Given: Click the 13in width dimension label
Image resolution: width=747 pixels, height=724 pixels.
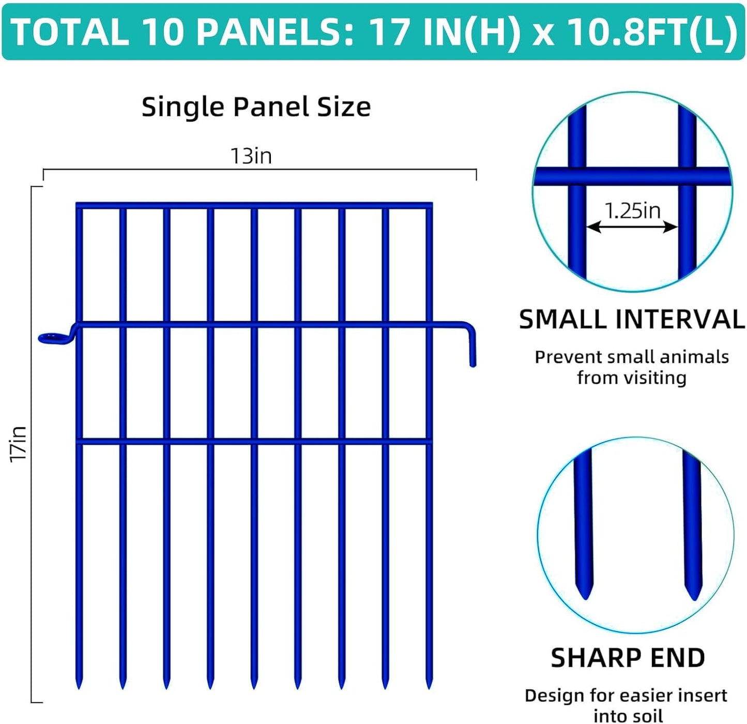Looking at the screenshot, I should pos(251,156).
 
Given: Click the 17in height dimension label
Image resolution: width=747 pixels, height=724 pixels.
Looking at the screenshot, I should pos(19,444).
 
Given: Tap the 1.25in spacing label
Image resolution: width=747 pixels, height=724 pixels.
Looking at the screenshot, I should pos(633,210).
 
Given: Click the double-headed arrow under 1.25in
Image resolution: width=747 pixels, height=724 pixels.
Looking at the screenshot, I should pos(632,227).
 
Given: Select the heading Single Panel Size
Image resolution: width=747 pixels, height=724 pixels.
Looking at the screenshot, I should pos(256,107).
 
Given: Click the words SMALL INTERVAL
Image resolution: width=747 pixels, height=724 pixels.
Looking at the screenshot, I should pos(632,319).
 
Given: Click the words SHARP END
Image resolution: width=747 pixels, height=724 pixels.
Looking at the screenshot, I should pos(628,658).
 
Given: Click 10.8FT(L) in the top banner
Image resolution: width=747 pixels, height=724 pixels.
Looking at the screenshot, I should pos(652,32).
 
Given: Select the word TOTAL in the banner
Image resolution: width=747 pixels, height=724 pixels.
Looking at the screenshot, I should pos(70,32).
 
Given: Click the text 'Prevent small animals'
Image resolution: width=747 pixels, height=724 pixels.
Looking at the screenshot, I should pos(632,357).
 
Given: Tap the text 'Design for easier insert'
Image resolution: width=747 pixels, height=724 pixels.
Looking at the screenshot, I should pos(626,696).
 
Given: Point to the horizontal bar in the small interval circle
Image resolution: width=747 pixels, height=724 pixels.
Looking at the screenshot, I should pos(632,176).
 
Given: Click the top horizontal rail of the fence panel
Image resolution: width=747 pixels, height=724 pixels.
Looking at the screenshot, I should pos(253,205).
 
